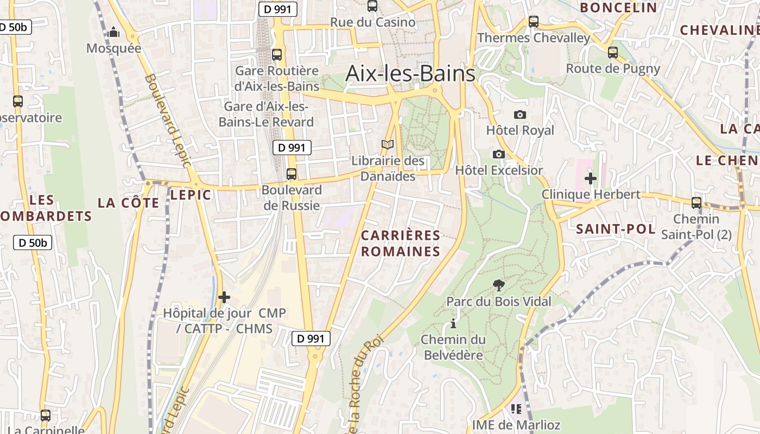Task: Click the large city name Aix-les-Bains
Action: pyautogui.click(x=410, y=73)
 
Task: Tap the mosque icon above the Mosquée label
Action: pyautogui.click(x=113, y=33)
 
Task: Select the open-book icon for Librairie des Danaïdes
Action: pyautogui.click(x=387, y=145)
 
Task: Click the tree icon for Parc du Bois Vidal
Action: pyautogui.click(x=498, y=285)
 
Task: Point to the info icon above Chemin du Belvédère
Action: pyautogui.click(x=453, y=324)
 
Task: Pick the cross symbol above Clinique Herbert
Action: pyautogui.click(x=591, y=178)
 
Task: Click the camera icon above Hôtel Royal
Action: pyautogui.click(x=520, y=114)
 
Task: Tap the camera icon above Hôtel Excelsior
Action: pyautogui.click(x=499, y=155)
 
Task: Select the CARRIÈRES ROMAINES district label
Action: pyautogui.click(x=401, y=243)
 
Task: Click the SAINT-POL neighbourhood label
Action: pyautogui.click(x=616, y=229)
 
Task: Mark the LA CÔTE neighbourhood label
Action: pyautogui.click(x=129, y=203)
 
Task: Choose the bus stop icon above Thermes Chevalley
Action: pyautogui.click(x=534, y=22)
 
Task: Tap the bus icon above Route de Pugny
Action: pyautogui.click(x=613, y=53)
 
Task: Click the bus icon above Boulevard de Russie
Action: pyautogui.click(x=292, y=174)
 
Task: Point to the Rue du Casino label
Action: pyautogui.click(x=373, y=22)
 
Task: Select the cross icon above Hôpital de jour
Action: pyautogui.click(x=224, y=297)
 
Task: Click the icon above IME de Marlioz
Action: pyautogui.click(x=516, y=409)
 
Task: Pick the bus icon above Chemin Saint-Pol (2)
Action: pyautogui.click(x=696, y=203)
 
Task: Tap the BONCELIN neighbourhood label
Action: pyautogui.click(x=618, y=7)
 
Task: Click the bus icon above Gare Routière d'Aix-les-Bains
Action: pyautogui.click(x=277, y=54)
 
